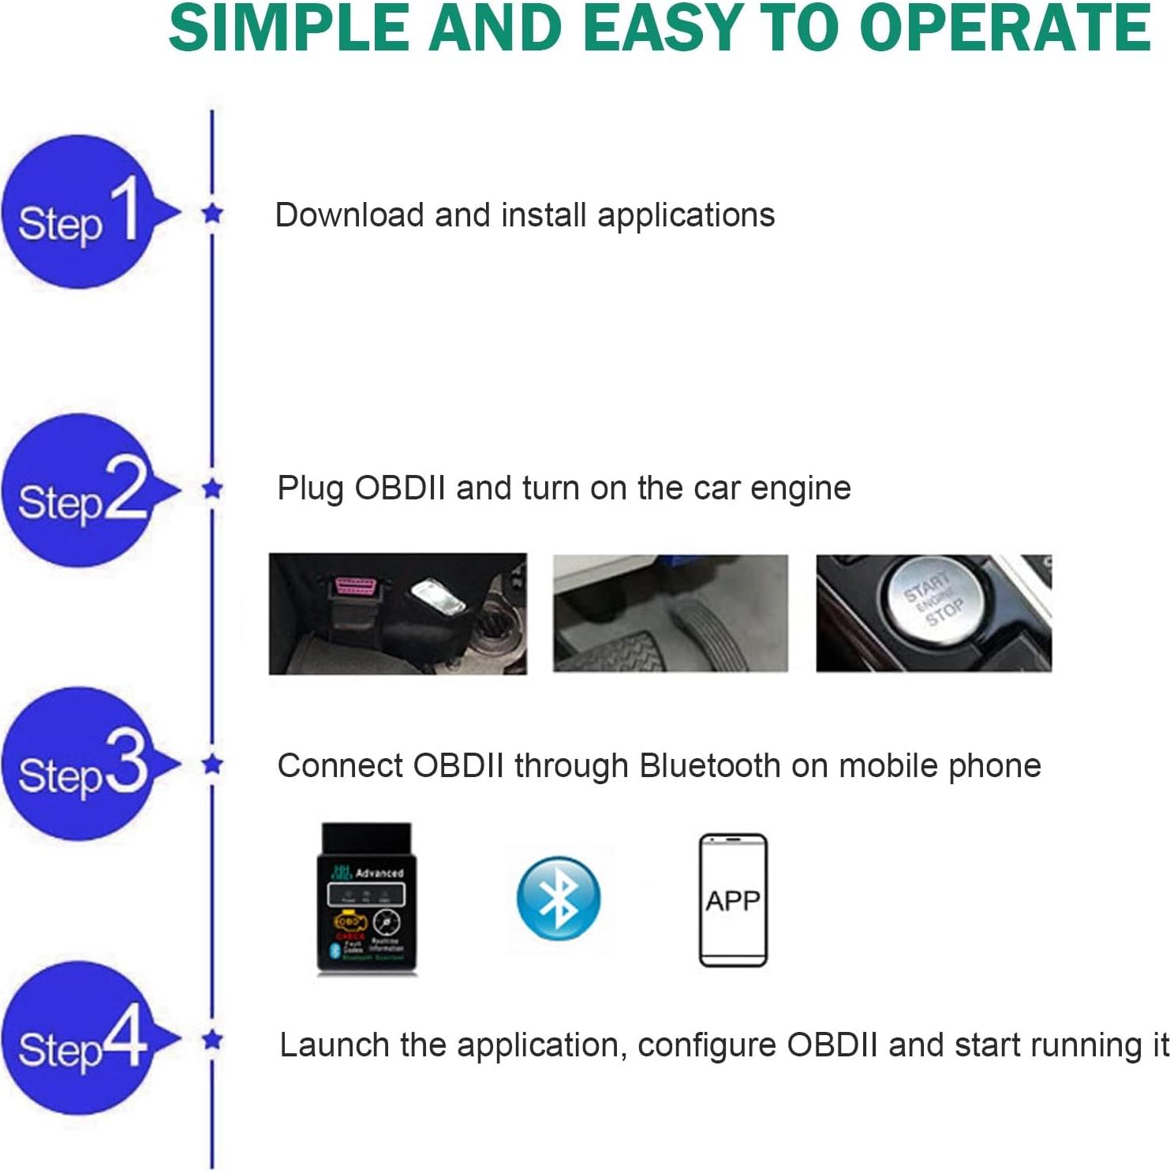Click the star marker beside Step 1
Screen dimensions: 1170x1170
pyautogui.click(x=212, y=213)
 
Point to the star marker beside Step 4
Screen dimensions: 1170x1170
pyautogui.click(x=212, y=1040)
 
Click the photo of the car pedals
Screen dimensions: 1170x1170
pyautogui.click(x=670, y=613)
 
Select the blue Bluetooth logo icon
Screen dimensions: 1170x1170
pyautogui.click(x=558, y=898)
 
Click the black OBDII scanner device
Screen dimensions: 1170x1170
pyautogui.click(x=366, y=899)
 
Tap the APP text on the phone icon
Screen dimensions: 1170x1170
pyautogui.click(x=733, y=900)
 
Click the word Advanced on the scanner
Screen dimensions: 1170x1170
pyautogui.click(x=379, y=873)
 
